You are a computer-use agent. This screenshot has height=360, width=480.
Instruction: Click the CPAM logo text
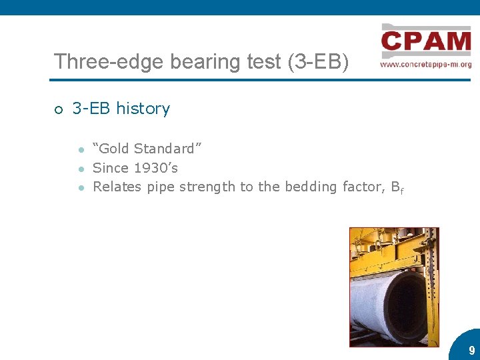tap(426, 41)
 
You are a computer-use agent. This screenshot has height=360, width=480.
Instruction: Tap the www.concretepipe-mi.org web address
tap(426, 65)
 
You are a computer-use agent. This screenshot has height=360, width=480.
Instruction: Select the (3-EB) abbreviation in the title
tap(317, 62)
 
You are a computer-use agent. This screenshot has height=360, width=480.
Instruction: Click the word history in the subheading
tap(143, 109)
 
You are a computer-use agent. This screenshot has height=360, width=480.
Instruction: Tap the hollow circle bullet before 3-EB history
tap(59, 110)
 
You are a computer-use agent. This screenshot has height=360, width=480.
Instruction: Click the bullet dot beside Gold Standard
tap(79, 149)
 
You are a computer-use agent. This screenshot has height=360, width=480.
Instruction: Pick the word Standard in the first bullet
tap(168, 149)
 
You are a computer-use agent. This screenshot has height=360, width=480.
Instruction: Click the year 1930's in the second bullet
tap(156, 168)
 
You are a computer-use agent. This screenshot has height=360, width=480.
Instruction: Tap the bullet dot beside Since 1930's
tap(79, 169)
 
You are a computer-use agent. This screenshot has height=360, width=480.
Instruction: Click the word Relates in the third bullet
tap(117, 187)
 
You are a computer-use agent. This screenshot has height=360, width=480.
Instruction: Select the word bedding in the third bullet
tap(311, 187)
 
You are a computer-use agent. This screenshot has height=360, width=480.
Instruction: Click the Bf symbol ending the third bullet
tap(397, 188)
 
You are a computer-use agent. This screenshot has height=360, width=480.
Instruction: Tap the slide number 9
tap(471, 350)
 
